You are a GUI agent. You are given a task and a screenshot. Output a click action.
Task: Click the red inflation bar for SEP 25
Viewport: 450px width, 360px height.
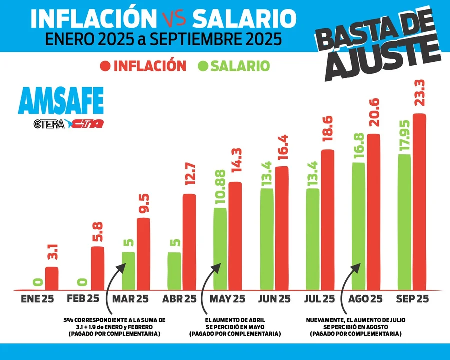click(419, 202)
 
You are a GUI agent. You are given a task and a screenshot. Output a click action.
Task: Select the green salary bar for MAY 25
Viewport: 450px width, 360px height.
click(220, 248)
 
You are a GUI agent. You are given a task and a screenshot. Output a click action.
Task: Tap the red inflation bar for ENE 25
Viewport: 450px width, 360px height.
click(52, 278)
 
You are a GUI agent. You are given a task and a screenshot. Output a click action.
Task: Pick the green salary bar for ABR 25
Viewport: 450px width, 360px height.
click(174, 271)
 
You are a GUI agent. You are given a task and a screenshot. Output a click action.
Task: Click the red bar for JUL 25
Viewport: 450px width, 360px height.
click(327, 220)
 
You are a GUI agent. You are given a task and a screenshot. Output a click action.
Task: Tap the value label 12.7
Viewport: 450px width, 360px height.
click(189, 175)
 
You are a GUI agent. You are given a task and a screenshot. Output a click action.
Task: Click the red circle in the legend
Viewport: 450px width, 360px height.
click(105, 66)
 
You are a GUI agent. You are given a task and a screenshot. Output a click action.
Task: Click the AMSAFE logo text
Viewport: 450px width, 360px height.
click(60, 101)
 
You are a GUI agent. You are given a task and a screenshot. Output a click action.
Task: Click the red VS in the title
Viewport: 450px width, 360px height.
click(174, 18)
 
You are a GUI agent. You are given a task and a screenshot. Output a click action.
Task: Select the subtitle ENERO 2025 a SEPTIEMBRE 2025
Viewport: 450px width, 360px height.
click(163, 39)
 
